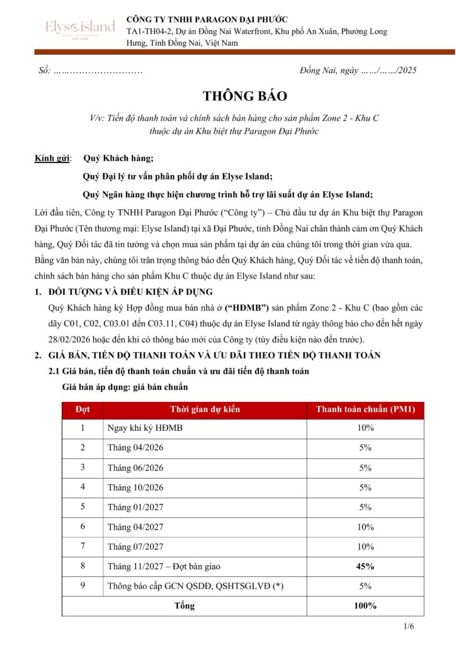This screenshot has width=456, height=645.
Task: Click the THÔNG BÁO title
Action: [245, 96]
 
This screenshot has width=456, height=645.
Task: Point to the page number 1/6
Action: [409, 627]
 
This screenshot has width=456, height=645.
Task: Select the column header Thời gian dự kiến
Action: [205, 409]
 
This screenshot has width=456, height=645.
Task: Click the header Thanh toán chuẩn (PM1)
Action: [365, 409]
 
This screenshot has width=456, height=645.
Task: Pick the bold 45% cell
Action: [365, 566]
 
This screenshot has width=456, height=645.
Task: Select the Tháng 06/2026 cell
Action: [135, 468]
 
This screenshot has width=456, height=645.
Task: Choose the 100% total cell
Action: [365, 606]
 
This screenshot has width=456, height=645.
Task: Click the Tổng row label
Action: [184, 606]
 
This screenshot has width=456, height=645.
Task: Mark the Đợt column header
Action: [83, 409]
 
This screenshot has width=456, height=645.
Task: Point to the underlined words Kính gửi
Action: [52, 157]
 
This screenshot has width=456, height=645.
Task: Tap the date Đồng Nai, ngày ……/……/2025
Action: [357, 71]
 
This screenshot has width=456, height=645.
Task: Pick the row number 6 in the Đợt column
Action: [83, 527]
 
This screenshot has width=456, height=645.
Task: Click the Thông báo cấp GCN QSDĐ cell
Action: [195, 586]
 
